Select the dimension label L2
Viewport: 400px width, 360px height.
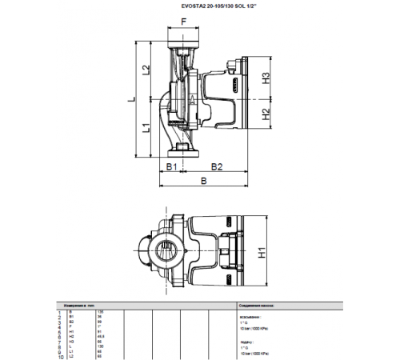tap(146, 70)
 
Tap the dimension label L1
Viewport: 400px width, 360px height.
tap(146, 128)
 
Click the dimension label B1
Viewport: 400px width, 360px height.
tap(170, 166)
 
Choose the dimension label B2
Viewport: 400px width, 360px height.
tap(216, 166)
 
